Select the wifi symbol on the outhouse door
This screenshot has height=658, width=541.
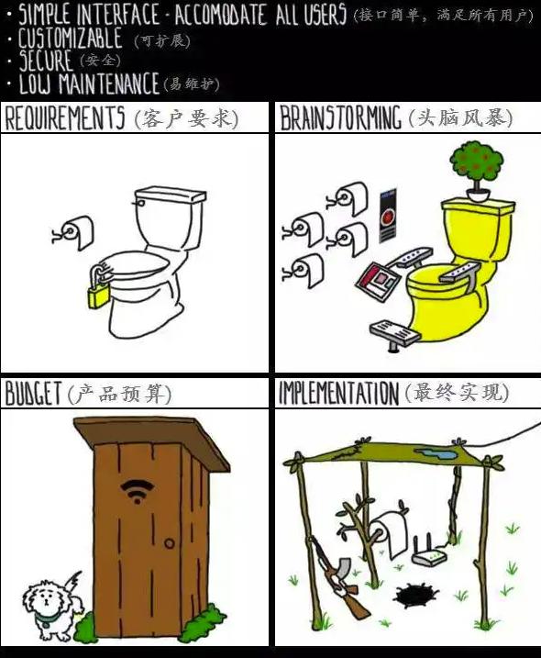[137, 491]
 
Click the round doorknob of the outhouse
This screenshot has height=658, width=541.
[169, 543]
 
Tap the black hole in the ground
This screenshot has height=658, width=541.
[415, 596]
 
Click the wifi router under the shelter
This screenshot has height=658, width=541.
[429, 551]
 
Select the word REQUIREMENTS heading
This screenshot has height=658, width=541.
[64, 117]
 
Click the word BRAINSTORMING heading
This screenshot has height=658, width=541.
[340, 117]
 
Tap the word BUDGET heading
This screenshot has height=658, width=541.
[34, 393]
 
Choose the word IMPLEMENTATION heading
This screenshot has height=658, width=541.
[339, 393]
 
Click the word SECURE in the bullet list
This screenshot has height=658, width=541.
[45, 61]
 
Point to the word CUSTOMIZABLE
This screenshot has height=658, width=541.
[70, 39]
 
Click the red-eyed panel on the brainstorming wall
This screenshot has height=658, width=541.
[388, 216]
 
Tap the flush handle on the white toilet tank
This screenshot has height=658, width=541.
[138, 203]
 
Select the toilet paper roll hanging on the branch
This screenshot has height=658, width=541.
[390, 531]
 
